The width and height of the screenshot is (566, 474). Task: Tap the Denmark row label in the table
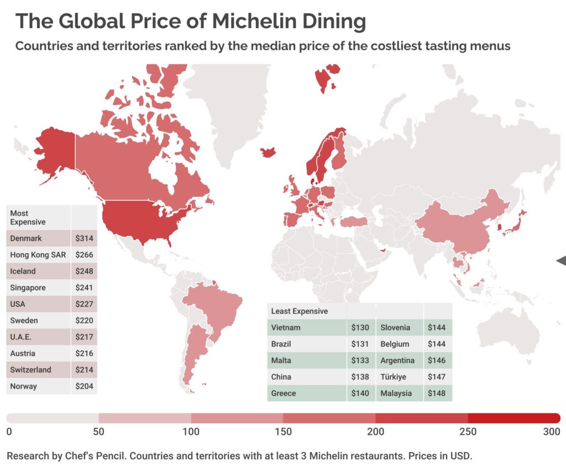pos(26,238)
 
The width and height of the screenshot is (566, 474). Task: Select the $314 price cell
pos(85,238)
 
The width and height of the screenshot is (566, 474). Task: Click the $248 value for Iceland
pos(85,271)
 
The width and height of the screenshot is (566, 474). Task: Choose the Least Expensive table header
pos(299,311)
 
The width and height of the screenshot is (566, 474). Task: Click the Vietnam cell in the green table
pos(286,328)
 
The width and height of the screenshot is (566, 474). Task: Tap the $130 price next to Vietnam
pos(360,328)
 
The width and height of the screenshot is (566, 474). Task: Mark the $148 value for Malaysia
pos(437,393)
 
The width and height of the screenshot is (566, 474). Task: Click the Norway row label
pos(24,386)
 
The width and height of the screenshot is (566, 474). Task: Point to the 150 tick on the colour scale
pos(283,431)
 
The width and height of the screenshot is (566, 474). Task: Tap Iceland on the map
pos(269,152)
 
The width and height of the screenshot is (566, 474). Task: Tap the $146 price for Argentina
pos(437,360)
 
